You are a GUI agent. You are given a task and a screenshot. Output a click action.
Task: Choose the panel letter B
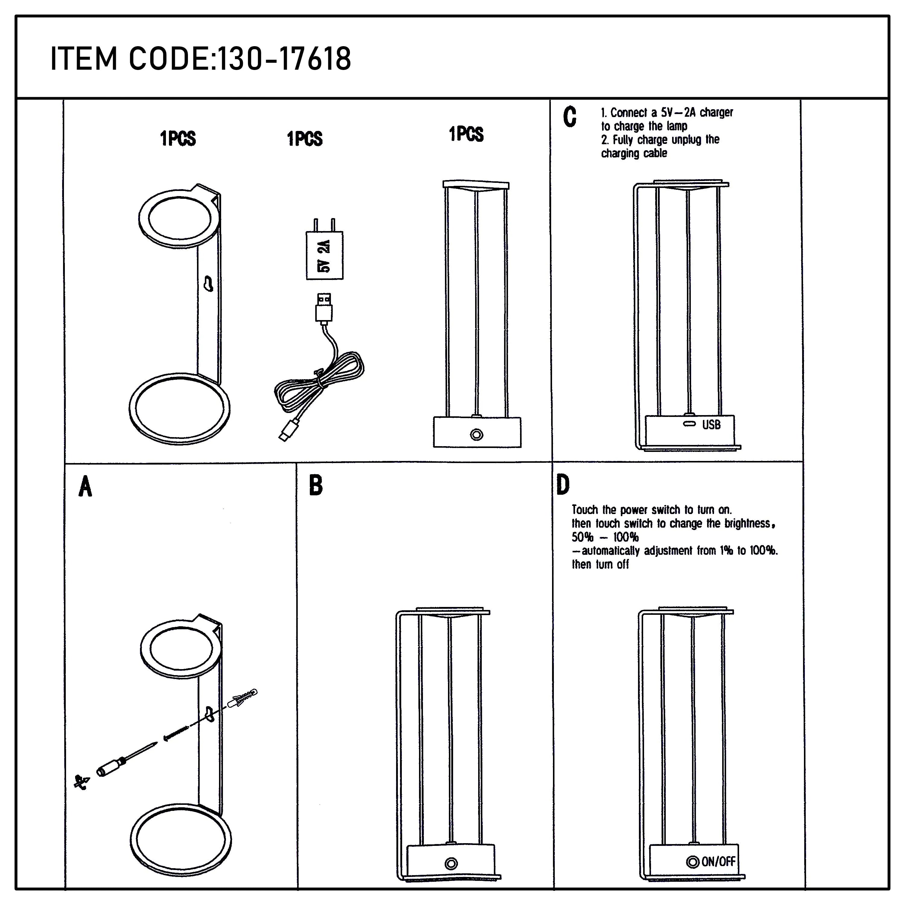click(316, 485)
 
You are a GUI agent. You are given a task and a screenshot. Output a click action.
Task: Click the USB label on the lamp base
click(711, 425)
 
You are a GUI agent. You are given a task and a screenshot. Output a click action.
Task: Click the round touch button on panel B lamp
click(451, 876)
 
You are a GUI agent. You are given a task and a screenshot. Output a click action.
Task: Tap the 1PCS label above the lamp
click(466, 135)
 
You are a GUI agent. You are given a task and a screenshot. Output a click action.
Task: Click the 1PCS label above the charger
click(304, 139)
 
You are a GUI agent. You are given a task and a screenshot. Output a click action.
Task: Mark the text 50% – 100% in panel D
click(604, 537)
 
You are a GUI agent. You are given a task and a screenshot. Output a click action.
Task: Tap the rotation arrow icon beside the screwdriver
click(81, 782)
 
